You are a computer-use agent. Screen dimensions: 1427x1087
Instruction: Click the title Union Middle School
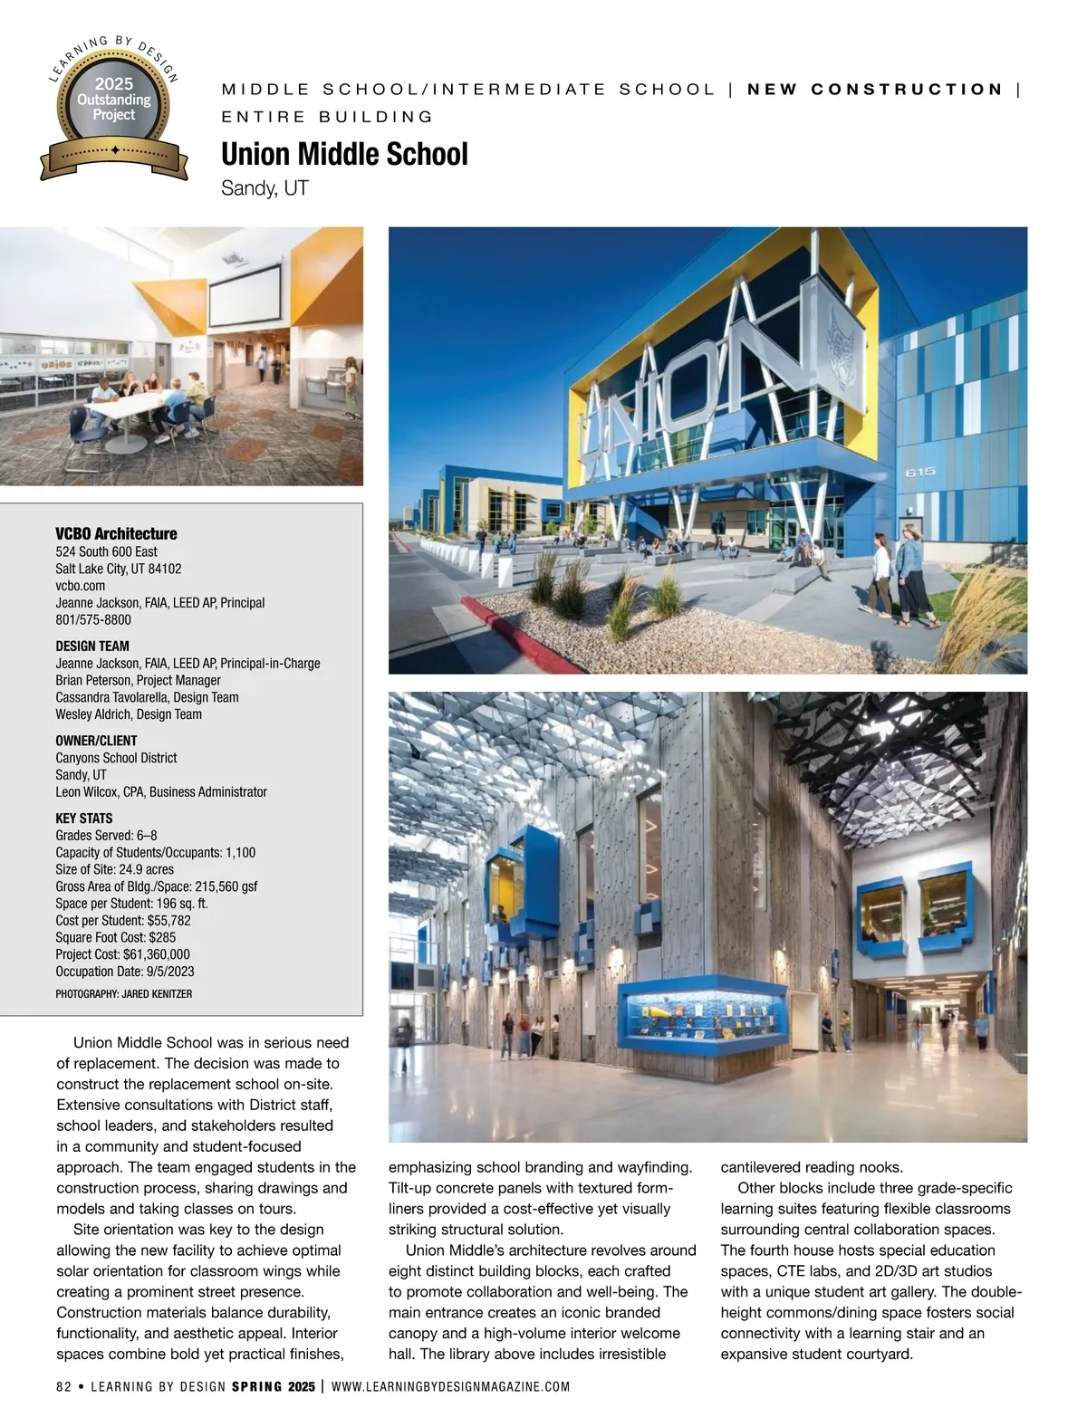(344, 154)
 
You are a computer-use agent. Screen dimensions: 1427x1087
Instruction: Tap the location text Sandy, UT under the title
(265, 188)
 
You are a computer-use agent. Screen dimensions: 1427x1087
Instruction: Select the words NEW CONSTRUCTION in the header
(875, 90)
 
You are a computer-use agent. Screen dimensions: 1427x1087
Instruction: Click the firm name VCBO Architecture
(116, 533)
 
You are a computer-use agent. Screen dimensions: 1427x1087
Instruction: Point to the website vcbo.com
(80, 586)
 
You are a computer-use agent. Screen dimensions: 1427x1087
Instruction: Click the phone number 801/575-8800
(93, 620)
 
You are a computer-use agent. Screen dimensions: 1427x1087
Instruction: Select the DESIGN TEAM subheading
(92, 646)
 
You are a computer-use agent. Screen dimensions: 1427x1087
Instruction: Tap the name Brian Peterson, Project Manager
(138, 680)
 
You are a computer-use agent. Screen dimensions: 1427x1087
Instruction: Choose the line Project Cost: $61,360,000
(122, 954)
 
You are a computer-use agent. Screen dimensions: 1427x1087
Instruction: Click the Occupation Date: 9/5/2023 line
(124, 972)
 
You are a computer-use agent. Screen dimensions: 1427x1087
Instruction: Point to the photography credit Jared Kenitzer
(123, 994)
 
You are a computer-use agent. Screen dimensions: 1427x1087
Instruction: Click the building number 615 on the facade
(921, 473)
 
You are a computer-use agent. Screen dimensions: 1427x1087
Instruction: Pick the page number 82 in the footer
(63, 1386)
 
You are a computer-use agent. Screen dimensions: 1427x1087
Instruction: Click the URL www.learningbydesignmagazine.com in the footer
(451, 1386)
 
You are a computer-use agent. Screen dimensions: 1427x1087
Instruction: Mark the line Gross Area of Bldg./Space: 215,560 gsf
(156, 886)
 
